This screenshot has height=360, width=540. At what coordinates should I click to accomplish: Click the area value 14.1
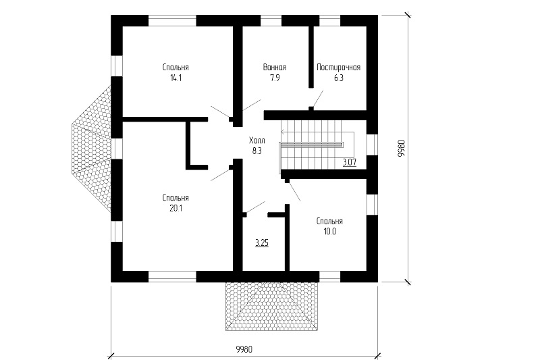(x=175, y=78)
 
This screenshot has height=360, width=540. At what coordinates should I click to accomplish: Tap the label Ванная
(x=275, y=67)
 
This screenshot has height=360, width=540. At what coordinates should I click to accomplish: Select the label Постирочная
(x=339, y=67)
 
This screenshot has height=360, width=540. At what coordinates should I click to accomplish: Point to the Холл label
(x=257, y=140)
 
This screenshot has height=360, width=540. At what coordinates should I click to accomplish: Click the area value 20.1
(x=175, y=209)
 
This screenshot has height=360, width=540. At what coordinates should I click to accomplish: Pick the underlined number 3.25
(x=262, y=243)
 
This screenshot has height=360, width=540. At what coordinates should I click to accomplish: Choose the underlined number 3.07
(x=350, y=162)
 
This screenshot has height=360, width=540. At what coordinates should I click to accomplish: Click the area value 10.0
(x=329, y=232)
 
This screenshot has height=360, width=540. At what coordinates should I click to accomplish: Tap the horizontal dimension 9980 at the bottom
(x=244, y=350)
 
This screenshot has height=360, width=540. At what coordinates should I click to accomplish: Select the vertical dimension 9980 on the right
(x=402, y=149)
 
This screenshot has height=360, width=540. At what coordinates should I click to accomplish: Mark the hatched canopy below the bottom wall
(x=272, y=306)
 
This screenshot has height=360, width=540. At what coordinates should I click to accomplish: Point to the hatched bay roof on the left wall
(x=91, y=149)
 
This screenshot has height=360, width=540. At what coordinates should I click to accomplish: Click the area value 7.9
(x=275, y=78)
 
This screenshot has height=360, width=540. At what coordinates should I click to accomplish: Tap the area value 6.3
(x=339, y=78)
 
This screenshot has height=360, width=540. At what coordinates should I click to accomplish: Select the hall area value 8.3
(x=257, y=151)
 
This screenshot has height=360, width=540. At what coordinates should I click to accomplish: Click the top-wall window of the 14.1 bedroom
(x=172, y=21)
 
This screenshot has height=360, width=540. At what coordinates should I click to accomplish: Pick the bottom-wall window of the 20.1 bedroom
(x=172, y=277)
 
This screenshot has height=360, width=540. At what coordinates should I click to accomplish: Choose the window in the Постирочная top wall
(x=329, y=21)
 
